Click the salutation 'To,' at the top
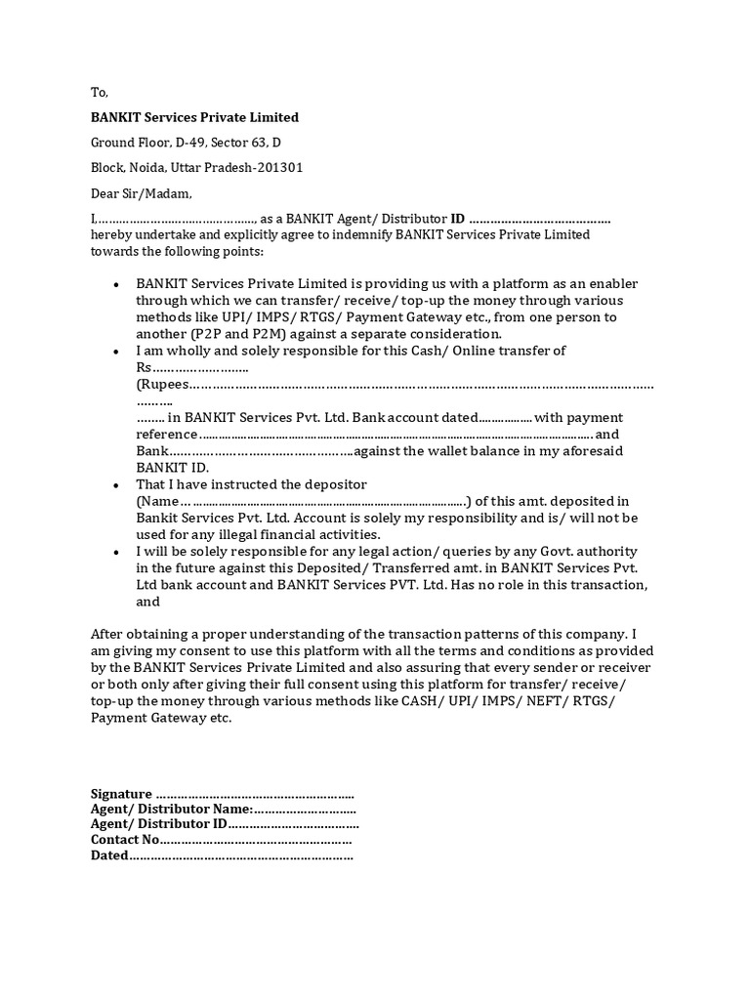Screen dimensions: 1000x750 100,92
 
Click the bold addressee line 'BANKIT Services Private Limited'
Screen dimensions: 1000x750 194,117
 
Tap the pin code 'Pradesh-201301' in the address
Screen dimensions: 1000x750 258,168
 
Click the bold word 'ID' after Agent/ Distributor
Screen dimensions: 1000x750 457,219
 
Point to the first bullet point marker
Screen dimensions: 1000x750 116,284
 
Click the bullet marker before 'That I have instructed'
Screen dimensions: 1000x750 116,485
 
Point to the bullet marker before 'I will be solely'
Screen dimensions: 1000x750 116,553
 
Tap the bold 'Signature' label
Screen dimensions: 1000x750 121,794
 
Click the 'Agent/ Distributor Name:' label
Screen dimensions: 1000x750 172,810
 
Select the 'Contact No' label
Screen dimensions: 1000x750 124,840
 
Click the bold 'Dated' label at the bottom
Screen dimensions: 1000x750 109,855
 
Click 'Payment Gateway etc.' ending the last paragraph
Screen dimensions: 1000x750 161,718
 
